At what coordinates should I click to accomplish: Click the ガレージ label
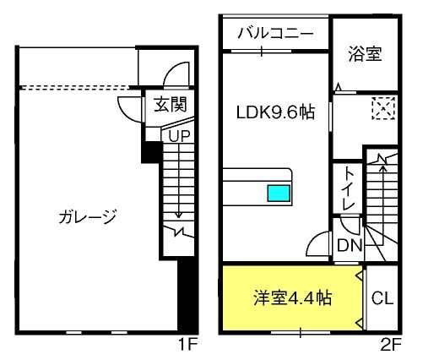click(x=88, y=216)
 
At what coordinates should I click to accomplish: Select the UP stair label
click(x=178, y=134)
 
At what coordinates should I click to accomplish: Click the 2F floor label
click(x=390, y=345)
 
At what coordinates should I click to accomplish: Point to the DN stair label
click(x=349, y=246)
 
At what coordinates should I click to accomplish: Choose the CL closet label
click(x=382, y=298)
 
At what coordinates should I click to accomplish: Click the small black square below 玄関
click(x=150, y=153)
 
